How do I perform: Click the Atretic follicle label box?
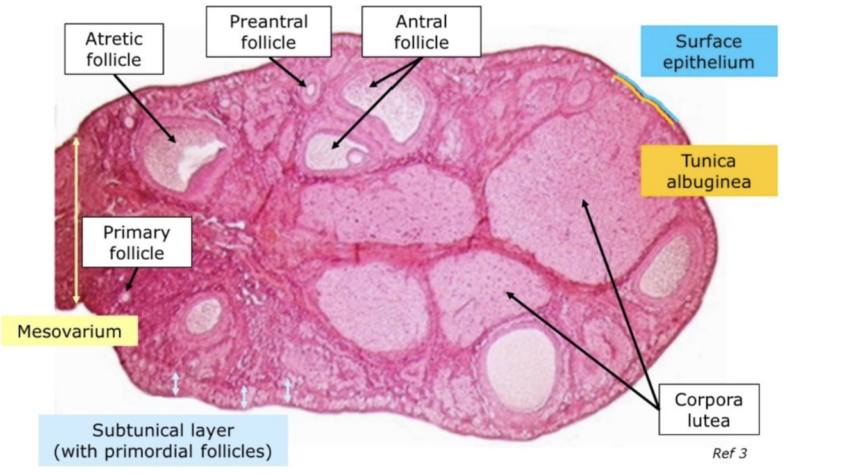[x=113, y=50]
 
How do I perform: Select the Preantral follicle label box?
[x=269, y=31]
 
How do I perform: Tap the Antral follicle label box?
[x=421, y=31]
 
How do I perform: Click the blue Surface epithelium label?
[x=708, y=51]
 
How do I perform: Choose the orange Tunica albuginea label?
[x=708, y=171]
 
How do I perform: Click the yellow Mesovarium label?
[x=69, y=332]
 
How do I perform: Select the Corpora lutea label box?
[x=708, y=410]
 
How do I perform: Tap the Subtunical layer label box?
[x=163, y=440]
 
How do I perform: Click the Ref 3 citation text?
[x=729, y=454]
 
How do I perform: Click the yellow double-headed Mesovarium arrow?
[x=76, y=221]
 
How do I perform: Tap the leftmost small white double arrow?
[x=176, y=383]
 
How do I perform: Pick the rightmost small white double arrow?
[x=288, y=390]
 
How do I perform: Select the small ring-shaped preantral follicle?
[x=311, y=91]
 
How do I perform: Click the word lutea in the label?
[x=708, y=421]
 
